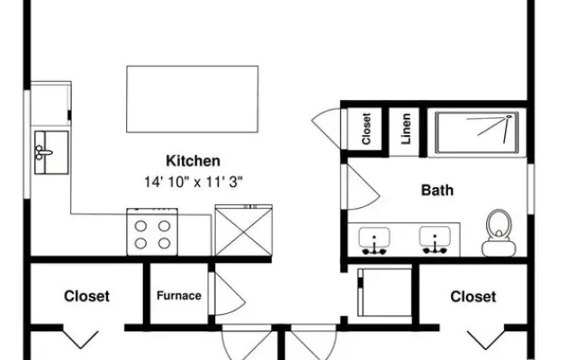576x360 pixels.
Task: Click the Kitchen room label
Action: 193,161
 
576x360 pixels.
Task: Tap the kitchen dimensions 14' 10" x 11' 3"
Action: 193,182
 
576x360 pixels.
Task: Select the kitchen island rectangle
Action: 192,99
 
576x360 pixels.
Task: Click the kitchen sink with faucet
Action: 51,152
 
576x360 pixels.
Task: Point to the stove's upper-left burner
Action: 140,226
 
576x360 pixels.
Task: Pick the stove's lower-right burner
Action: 164,243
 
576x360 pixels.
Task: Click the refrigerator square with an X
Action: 244,230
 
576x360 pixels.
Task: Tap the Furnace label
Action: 179,296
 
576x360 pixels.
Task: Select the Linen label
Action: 406,129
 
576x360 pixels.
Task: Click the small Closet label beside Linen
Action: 366,129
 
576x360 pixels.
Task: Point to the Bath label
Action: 437,190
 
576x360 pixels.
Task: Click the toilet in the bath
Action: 499,233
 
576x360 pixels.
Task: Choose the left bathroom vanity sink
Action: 374,240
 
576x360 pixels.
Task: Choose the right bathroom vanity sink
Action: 435,240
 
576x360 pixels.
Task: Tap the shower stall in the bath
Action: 477,133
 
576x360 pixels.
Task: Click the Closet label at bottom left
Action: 86,296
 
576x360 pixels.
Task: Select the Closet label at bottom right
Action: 473,297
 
